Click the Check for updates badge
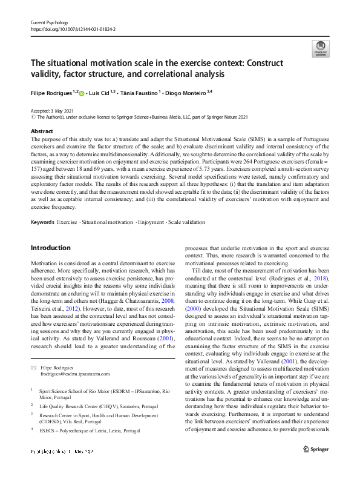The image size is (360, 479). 320,47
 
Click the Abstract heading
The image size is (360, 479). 41,131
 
